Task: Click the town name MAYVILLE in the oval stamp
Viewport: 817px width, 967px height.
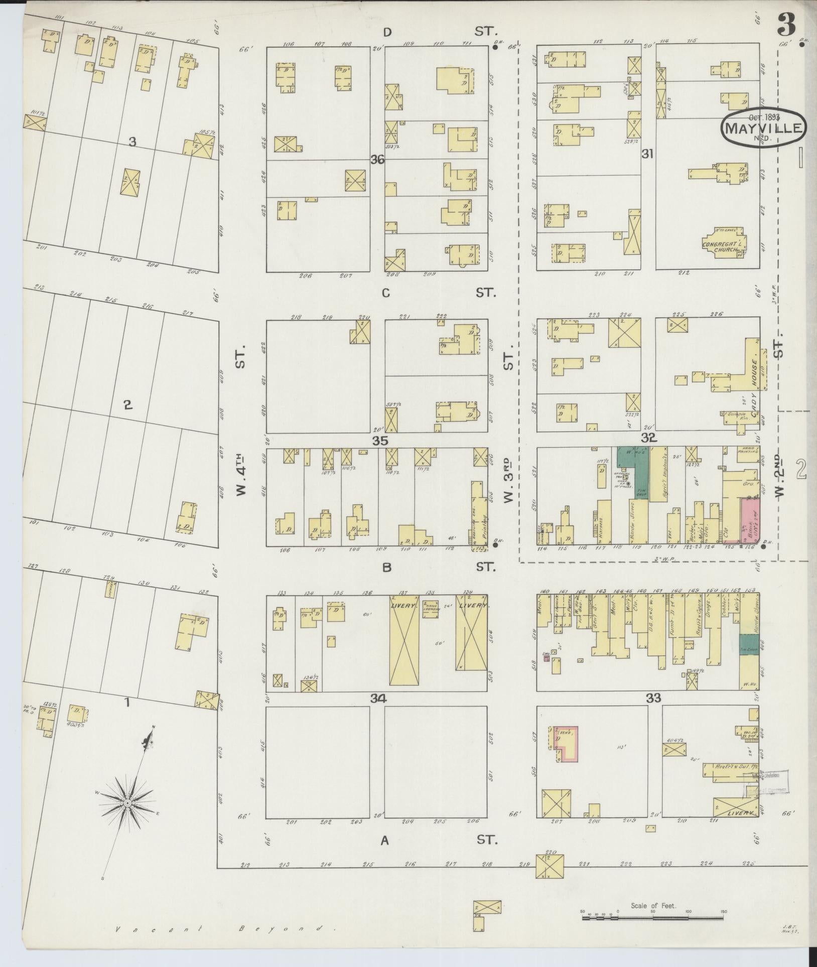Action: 764,128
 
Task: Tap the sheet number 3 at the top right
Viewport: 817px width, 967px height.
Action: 789,24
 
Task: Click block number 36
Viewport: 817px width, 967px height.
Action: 377,160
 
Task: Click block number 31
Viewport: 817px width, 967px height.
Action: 647,155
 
